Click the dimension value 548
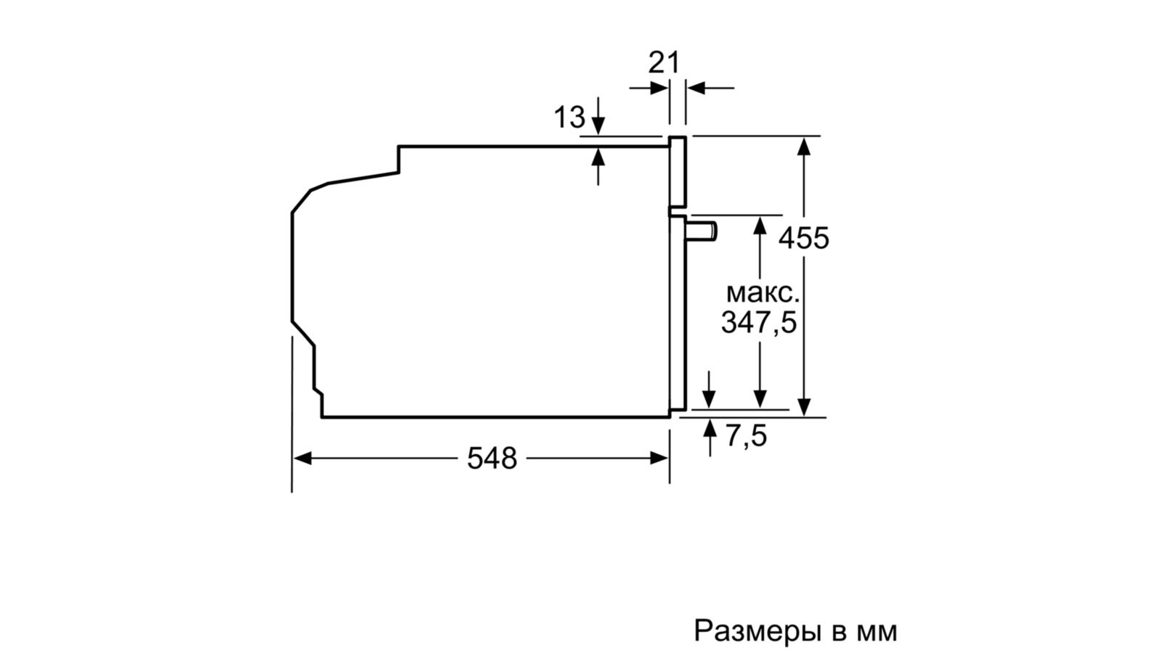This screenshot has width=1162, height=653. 492,459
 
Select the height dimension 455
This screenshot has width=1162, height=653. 804,237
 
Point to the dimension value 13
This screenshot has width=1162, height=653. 569,116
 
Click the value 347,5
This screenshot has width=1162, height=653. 758,322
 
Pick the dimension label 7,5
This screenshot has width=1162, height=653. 746,437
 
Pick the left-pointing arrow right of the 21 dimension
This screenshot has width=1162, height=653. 695,89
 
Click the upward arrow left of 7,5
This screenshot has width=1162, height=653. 709,428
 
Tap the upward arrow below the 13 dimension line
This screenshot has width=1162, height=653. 598,157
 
